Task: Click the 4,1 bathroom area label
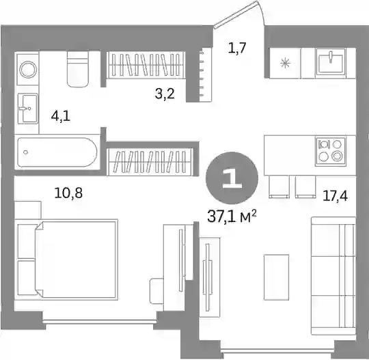point(61,116)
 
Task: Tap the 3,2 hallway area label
point(165,94)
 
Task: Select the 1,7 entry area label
point(237,48)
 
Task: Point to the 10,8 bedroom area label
point(68,193)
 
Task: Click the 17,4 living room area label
point(335,196)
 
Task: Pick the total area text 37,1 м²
point(232,217)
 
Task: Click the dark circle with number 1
point(232,178)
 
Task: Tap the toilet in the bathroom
point(78,69)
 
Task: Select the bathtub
point(57,152)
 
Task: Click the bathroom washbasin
point(28,108)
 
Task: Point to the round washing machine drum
point(28,70)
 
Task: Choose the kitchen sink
point(331,61)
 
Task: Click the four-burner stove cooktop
point(331,151)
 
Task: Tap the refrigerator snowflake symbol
point(286,63)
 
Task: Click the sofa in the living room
point(333,275)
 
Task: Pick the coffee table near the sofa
point(276,277)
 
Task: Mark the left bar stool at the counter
point(279,187)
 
